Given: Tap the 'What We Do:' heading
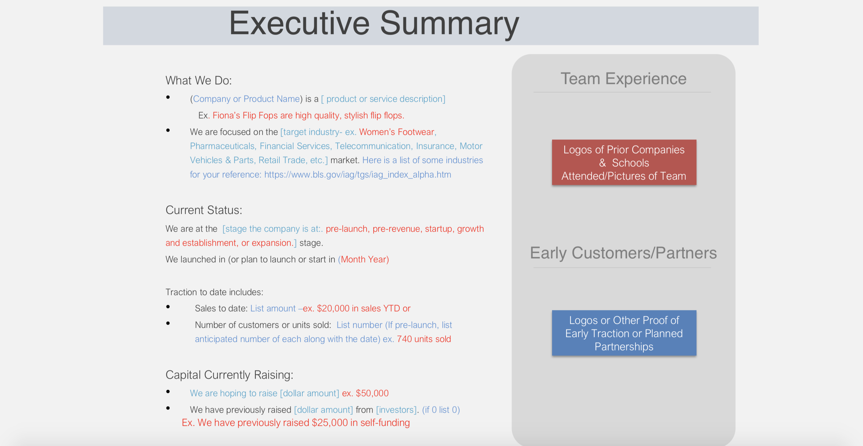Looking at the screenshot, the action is point(199,81).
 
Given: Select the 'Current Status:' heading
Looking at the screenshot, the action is point(204,210).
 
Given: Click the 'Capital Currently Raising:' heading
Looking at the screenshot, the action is point(230,375).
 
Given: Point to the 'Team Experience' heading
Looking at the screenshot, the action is point(623,79).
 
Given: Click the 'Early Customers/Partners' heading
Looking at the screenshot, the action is point(623,253).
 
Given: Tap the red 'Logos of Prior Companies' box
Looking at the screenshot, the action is point(624,162).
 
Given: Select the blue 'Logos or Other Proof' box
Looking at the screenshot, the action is point(624,333).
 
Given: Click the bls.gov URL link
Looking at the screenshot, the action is point(357,175).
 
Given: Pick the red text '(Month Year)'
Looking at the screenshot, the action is point(364,259).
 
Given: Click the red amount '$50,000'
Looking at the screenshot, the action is point(372,393).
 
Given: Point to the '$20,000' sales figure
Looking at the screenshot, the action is point(333,308).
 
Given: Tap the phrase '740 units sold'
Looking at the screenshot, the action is point(424,339).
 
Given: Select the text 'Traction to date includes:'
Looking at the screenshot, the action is point(215,292).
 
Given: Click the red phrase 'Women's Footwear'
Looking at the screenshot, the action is point(397,132).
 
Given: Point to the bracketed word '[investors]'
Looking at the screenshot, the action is point(396,410).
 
